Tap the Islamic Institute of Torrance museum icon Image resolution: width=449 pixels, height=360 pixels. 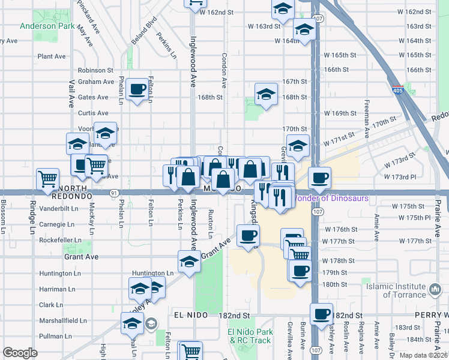(434, 291)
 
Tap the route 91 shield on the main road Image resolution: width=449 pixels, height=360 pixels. (114, 193)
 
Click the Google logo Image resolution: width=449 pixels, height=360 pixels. (20, 353)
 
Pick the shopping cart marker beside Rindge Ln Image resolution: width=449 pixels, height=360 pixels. (47, 178)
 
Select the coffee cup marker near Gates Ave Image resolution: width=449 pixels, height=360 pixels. (137, 89)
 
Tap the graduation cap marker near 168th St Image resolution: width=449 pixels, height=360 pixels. (266, 94)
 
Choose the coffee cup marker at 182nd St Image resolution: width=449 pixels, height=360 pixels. (321, 313)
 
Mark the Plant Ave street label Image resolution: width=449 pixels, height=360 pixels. (52, 56)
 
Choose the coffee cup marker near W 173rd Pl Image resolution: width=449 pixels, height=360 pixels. (319, 177)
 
